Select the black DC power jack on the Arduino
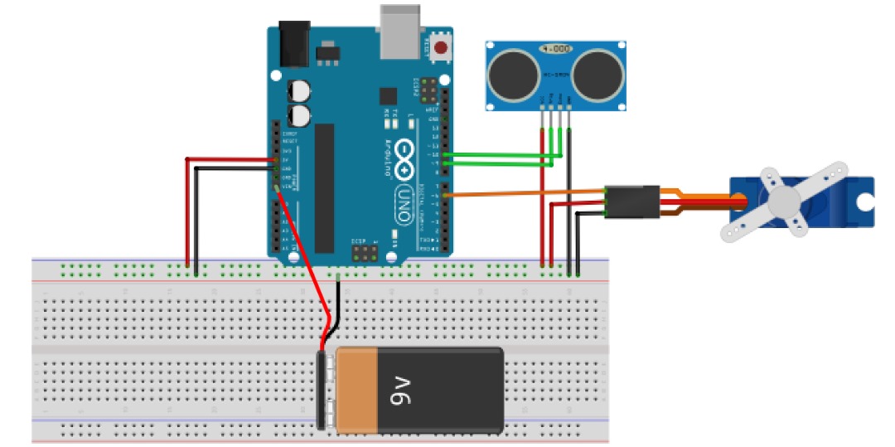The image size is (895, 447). pyautogui.click(x=295, y=43)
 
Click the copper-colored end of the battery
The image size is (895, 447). pyautogui.click(x=356, y=390)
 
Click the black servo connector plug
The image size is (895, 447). pyautogui.click(x=632, y=202)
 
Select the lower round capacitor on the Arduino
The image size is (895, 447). pyautogui.click(x=299, y=114)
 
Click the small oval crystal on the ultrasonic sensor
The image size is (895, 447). pyautogui.click(x=554, y=49)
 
